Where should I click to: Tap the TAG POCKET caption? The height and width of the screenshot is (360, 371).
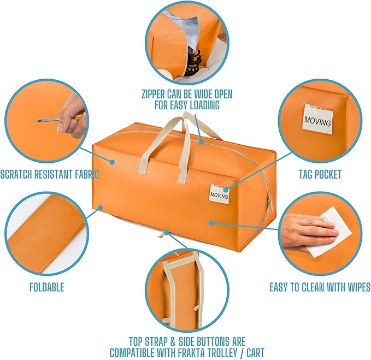tap(320, 175)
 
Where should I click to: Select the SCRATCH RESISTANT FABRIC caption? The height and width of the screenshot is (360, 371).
tap(49, 175)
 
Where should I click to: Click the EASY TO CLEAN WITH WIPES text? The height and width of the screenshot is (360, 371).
tap(320, 287)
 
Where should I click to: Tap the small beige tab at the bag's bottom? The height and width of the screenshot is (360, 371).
tap(163, 234)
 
